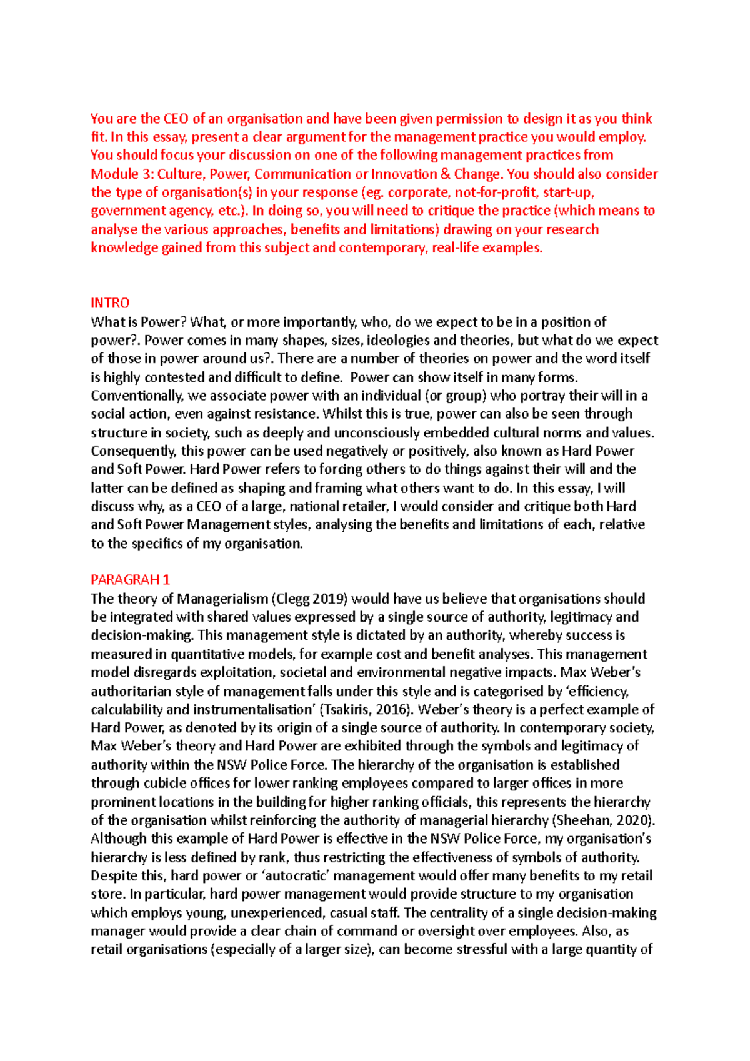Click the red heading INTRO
pos(110,303)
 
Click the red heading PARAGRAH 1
pos(130,580)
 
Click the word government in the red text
pos(122,211)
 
